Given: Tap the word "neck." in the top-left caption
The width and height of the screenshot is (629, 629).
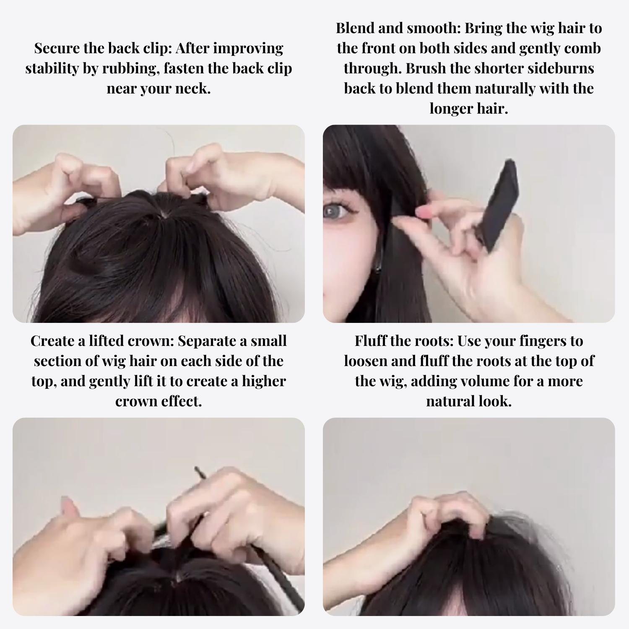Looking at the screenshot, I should click(x=193, y=88).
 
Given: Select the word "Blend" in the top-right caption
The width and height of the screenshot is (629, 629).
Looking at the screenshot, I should click(x=355, y=28).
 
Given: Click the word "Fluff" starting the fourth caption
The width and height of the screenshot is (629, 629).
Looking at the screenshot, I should click(x=372, y=341).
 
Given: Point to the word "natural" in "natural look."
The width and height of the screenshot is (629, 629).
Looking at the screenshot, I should click(x=451, y=401).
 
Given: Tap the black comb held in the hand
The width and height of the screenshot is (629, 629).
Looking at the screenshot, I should click(x=499, y=205).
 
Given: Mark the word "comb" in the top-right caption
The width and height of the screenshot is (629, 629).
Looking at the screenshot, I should click(x=582, y=48).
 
